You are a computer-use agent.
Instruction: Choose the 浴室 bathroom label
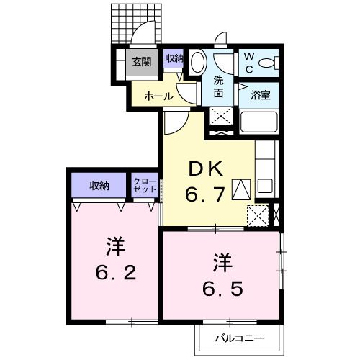pos(260,94)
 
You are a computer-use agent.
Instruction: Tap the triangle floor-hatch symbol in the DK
pos(242,189)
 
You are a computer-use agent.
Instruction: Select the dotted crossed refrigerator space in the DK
pos(257,215)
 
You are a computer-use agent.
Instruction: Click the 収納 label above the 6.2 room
pos(99,186)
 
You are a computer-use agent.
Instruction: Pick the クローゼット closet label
pos(142,186)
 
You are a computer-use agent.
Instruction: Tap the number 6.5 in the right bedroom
pos(222,276)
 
